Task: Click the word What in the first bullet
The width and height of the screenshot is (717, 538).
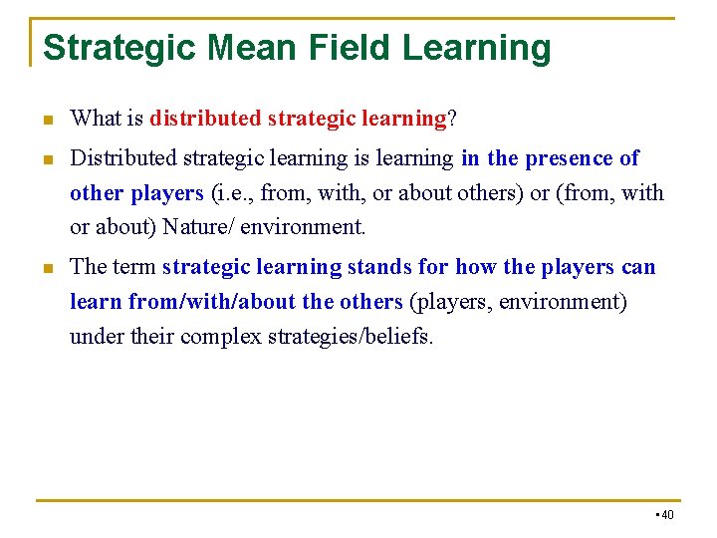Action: (96, 120)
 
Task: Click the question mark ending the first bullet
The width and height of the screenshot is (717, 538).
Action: (452, 120)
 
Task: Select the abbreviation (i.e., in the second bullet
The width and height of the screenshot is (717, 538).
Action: (233, 192)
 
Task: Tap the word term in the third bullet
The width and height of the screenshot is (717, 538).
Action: (134, 267)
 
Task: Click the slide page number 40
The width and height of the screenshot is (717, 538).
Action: (667, 515)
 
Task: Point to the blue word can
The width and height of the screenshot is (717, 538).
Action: (638, 267)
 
